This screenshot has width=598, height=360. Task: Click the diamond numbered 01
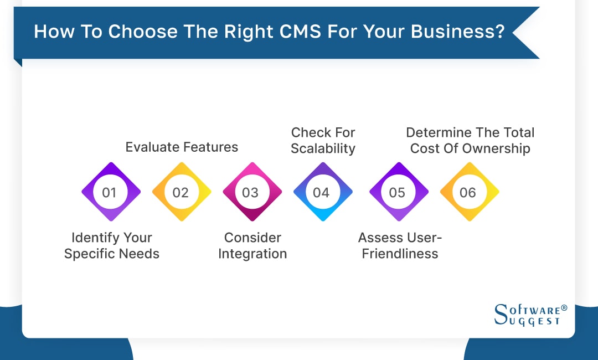tap(110, 192)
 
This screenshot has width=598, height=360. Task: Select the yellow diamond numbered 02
tap(181, 192)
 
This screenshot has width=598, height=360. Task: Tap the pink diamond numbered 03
tap(251, 192)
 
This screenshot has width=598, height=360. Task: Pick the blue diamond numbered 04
tap(322, 192)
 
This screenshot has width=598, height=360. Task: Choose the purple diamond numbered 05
tap(398, 192)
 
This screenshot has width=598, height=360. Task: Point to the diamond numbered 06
tap(468, 192)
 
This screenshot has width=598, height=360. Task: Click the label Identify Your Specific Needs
tap(112, 245)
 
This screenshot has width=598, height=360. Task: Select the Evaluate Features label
tap(182, 147)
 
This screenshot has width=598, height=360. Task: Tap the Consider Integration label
tap(252, 245)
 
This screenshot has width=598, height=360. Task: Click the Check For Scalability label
tap(323, 140)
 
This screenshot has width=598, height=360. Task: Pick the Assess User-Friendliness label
tap(400, 245)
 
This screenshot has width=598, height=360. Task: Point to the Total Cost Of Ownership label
tap(470, 140)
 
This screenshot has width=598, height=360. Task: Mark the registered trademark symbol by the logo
tap(564, 307)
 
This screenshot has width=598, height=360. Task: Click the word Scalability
tap(323, 148)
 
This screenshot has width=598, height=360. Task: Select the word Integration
tap(252, 254)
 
